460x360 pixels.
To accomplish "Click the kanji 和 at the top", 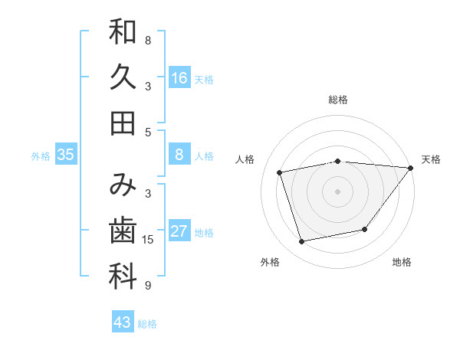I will [x=123, y=32].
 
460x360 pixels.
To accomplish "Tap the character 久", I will [x=123, y=77].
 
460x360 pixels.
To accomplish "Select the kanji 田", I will [x=123, y=123].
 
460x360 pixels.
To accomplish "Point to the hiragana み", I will [x=123, y=185].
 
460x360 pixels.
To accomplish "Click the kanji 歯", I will [x=123, y=231].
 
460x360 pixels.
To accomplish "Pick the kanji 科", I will [x=123, y=276].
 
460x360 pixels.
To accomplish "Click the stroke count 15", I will [x=148, y=240].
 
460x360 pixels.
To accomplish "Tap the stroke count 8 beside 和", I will [x=148, y=40].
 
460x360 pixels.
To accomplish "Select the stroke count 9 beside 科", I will [x=148, y=286].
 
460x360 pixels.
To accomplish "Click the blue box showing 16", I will [x=179, y=77].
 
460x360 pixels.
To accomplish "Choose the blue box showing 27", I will [x=179, y=231].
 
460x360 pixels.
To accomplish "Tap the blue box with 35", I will [x=66, y=155].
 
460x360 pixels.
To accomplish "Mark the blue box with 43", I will [x=123, y=322].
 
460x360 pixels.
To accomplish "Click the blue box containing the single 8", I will [x=179, y=155].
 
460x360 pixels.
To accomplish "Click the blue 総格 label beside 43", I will [x=147, y=324].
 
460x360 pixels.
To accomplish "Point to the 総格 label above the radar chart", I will [x=337, y=100].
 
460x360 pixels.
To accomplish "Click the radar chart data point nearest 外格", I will [x=302, y=242].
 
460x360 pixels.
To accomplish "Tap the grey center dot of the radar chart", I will [x=337, y=191].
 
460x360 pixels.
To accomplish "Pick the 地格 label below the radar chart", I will [x=402, y=262].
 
